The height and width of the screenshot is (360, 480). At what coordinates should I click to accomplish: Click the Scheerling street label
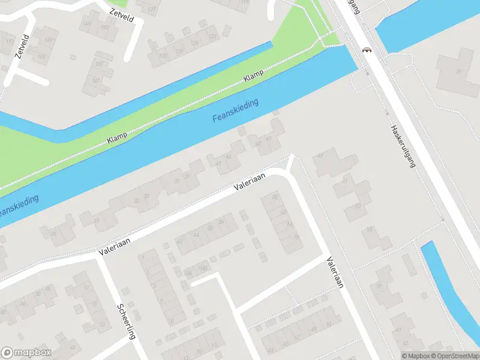pos(126,322)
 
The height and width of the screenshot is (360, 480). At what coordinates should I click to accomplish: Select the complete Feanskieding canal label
pos(235,111)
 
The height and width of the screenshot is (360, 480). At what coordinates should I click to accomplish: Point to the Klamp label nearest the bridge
pos(254,77)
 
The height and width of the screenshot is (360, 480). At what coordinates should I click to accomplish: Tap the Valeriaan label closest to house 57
pos(335,273)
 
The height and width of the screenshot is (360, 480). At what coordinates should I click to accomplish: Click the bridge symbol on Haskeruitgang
pos(365,50)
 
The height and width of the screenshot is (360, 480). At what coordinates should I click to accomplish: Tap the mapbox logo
pos(26,353)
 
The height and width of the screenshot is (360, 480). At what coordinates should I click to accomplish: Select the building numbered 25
pos(53,233)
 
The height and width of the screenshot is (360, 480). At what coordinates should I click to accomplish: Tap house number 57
pos(379,286)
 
